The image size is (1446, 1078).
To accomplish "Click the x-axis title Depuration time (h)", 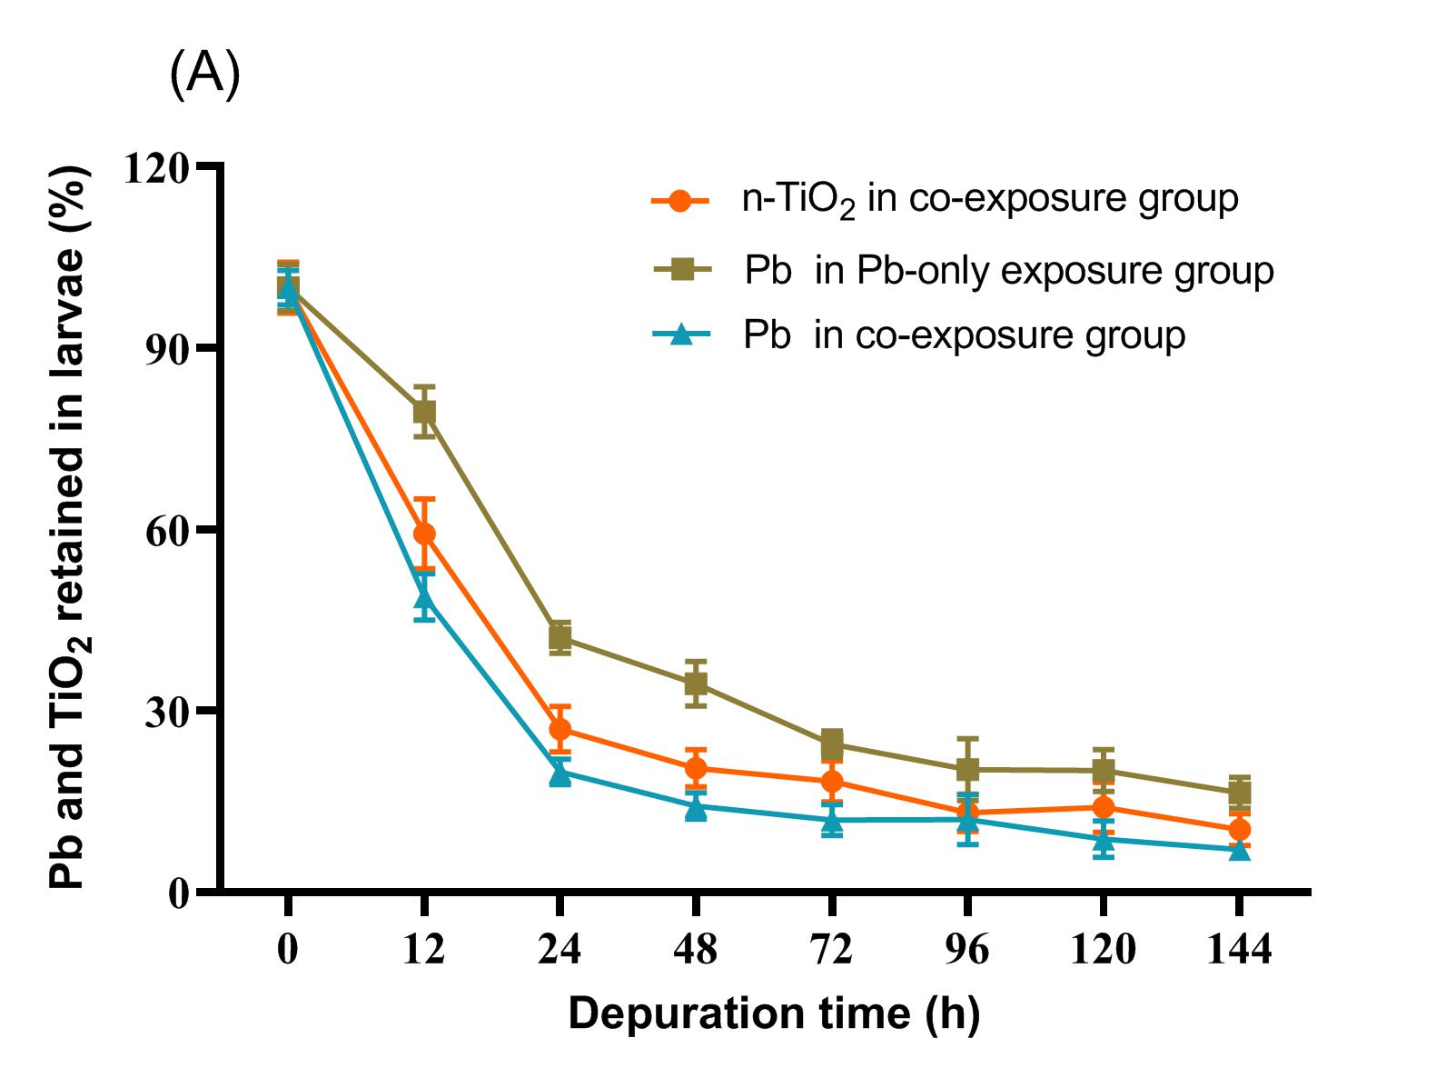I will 774,1013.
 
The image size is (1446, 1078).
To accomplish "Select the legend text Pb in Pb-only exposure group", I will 1008,271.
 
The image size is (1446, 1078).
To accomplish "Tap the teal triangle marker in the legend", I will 679,334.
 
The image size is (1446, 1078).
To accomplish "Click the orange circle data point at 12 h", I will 423,534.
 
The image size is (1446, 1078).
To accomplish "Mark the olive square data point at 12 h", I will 423,412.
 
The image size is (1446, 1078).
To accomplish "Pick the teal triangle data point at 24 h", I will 560,774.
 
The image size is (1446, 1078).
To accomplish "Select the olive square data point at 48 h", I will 695,684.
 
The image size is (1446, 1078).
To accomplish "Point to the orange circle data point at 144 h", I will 1239,829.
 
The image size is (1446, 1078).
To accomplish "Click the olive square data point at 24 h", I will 560,638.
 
